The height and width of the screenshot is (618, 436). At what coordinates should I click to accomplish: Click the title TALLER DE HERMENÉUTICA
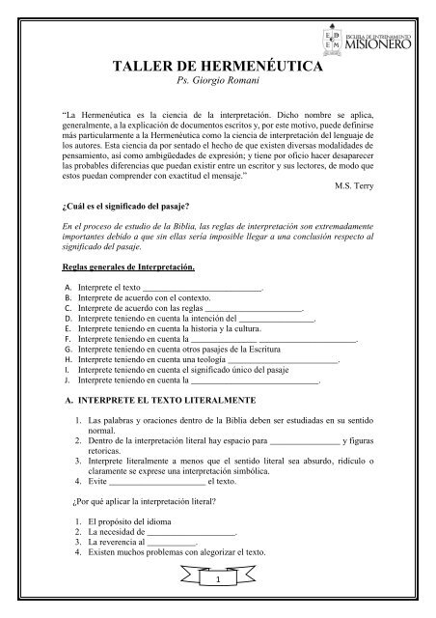(217, 67)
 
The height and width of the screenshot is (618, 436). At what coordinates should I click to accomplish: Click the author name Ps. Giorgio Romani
(218, 84)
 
